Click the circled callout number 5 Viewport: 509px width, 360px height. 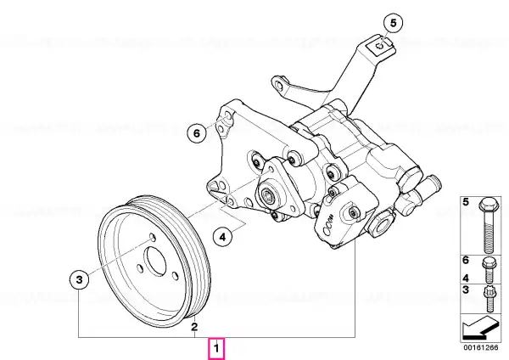pyautogui.click(x=393, y=23)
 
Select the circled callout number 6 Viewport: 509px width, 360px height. pyautogui.click(x=197, y=133)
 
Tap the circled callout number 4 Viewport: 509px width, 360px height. pyautogui.click(x=222, y=237)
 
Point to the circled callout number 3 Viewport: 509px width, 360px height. pyautogui.click(x=80, y=279)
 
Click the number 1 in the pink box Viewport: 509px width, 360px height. pyautogui.click(x=216, y=349)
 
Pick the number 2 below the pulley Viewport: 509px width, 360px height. pyautogui.click(x=193, y=326)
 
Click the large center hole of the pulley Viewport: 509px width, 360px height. pyautogui.click(x=155, y=262)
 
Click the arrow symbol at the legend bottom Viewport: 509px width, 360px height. pyautogui.click(x=480, y=327)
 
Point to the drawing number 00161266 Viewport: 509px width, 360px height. pyautogui.click(x=481, y=347)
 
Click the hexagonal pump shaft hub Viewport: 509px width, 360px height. pyautogui.click(x=268, y=195)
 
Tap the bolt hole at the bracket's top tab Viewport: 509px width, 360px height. pyautogui.click(x=380, y=46)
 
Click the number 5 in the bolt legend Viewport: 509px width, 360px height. pyautogui.click(x=466, y=202)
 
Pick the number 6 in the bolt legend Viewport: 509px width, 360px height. pyautogui.click(x=466, y=261)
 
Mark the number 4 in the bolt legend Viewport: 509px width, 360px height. pyautogui.click(x=466, y=278)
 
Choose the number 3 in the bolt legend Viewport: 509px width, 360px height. pyautogui.click(x=466, y=290)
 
